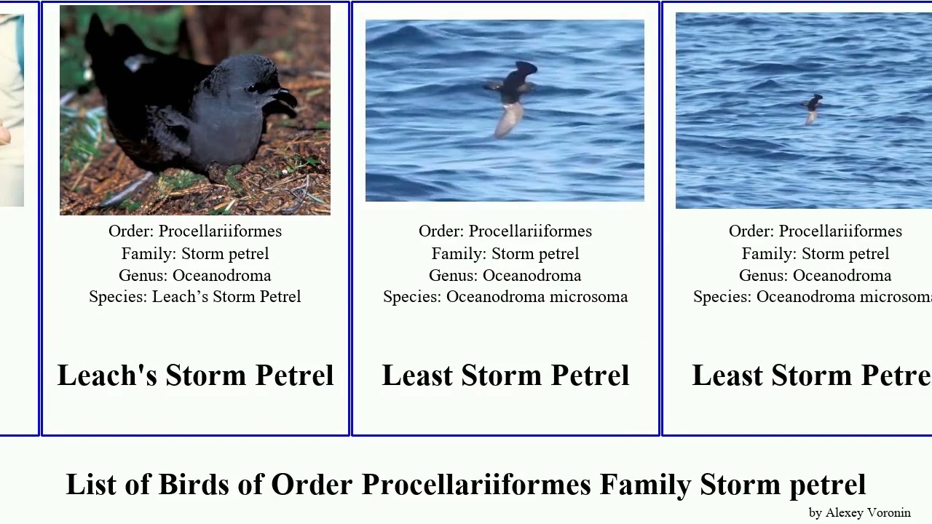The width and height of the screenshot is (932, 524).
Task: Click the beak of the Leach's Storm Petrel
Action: click(x=284, y=98)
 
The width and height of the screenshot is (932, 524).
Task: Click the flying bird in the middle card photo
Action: click(x=513, y=95)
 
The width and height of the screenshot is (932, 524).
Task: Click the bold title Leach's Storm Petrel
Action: click(x=195, y=376)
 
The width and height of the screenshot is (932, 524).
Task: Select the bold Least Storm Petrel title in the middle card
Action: click(x=505, y=376)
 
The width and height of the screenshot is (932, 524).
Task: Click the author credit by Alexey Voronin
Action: click(x=859, y=512)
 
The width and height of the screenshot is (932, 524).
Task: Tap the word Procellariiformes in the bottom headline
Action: click(x=476, y=485)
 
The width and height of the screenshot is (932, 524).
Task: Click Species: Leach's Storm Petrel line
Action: click(x=195, y=297)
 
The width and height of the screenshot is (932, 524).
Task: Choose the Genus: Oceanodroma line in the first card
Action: click(x=195, y=276)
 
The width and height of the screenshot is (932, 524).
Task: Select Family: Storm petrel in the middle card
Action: click(x=505, y=254)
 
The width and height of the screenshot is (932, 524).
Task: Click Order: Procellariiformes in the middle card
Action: click(x=505, y=231)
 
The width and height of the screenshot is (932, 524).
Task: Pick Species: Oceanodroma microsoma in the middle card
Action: click(x=505, y=297)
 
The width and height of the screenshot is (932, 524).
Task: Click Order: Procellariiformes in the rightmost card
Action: click(x=815, y=231)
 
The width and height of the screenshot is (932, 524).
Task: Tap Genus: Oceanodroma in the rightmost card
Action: click(x=815, y=276)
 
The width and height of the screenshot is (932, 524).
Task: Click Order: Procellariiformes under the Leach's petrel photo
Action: click(x=195, y=231)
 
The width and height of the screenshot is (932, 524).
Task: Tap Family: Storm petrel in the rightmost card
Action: click(x=815, y=254)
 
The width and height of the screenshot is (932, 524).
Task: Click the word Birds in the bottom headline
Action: click(x=191, y=485)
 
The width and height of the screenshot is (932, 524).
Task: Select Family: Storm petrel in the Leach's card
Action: click(x=195, y=254)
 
